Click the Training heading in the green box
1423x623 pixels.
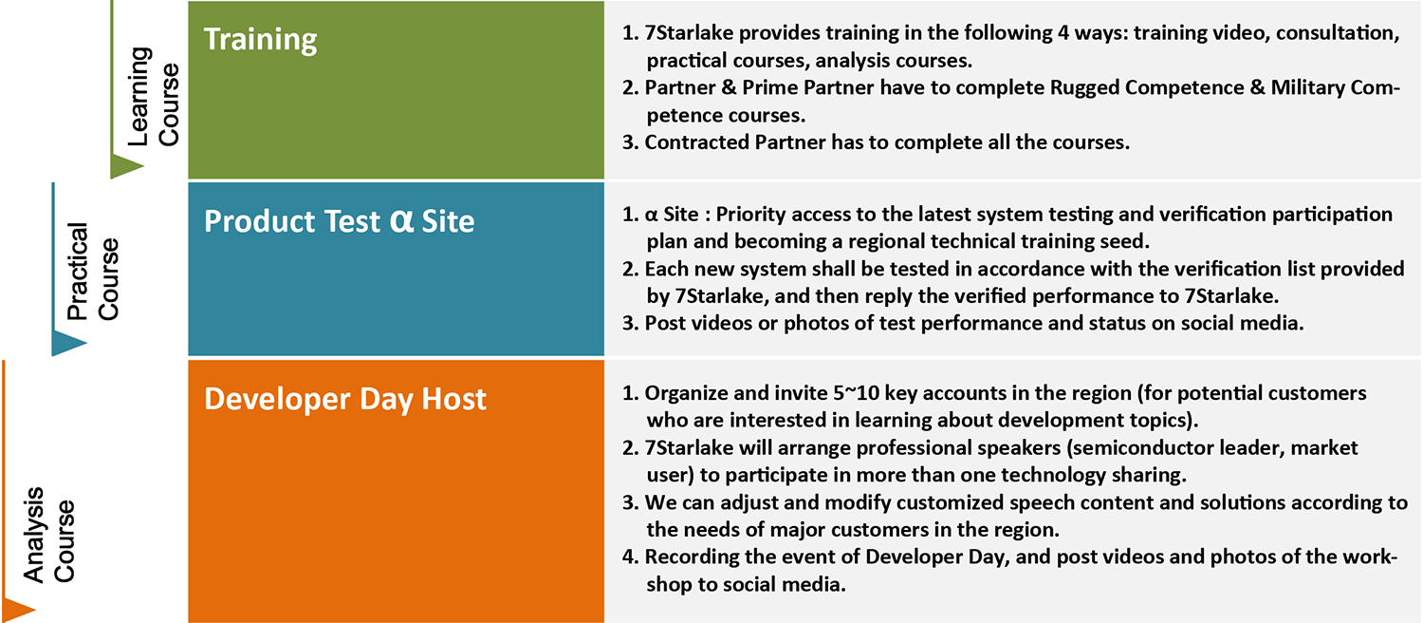261,40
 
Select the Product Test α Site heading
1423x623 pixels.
340,221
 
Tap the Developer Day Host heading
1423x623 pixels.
345,400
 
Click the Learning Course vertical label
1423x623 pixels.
154,97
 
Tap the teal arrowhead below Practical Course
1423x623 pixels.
68,343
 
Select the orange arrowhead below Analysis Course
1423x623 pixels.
18,611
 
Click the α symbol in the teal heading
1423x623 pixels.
401,220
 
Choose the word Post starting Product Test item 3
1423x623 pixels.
664,323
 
